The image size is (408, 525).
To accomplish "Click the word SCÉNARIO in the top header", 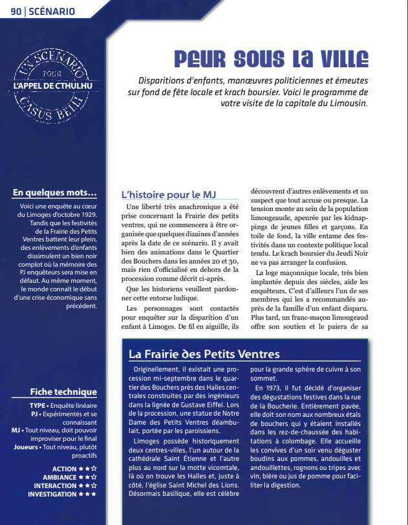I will click(52, 11).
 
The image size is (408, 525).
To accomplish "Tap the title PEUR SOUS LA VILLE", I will click(271, 60).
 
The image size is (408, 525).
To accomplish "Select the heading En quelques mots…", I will click(55, 192).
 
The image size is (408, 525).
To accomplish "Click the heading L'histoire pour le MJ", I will click(168, 194).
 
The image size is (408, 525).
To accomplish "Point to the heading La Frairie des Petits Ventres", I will click(204, 354).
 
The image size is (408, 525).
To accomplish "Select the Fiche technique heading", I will click(63, 392).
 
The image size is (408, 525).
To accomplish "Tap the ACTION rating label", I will click(64, 469).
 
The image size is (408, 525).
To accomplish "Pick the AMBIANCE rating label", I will click(58, 477).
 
